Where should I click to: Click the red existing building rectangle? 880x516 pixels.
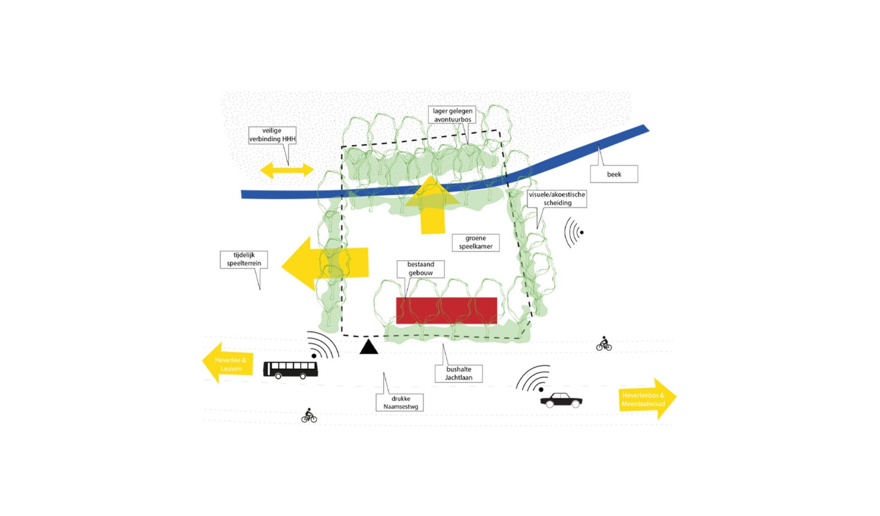coord(446,310)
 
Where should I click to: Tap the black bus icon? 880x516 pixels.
coord(290,370)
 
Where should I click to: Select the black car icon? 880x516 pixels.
coord(561,400)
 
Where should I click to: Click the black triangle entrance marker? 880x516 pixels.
coord(369,347)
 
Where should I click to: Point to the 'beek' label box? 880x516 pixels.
coord(614,174)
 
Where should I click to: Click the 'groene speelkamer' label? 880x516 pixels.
coord(476,242)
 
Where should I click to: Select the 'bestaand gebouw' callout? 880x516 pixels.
coord(420,268)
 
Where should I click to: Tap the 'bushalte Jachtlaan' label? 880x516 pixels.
coord(459,374)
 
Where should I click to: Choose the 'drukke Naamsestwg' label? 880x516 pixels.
coord(400,403)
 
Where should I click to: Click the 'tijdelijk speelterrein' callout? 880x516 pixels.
coord(243,259)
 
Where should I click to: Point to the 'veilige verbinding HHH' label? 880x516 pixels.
coord(272,135)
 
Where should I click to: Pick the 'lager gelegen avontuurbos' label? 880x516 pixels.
coord(452,115)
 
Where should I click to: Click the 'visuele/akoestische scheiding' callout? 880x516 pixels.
coord(557,199)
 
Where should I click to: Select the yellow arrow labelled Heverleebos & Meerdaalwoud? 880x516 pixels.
coord(646,399)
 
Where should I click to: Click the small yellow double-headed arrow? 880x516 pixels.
coord(287,170)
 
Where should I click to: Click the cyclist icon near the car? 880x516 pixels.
coord(604,344)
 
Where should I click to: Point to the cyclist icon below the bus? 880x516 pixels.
coord(309,416)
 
